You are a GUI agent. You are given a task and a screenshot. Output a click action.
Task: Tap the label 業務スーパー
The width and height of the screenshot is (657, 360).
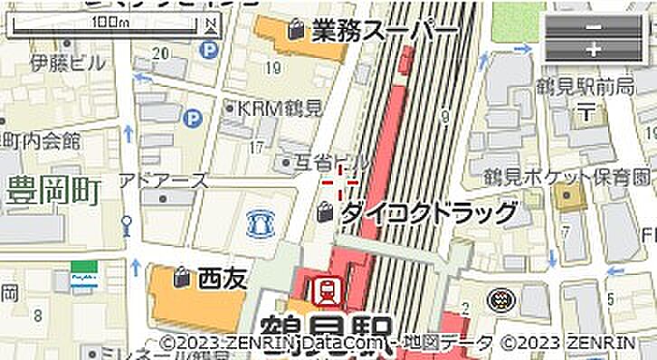pos(384,32)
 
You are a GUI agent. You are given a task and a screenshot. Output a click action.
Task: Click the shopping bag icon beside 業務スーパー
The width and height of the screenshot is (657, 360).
pos(295,31)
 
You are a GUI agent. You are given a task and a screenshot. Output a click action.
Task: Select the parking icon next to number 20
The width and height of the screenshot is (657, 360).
pos(210,51)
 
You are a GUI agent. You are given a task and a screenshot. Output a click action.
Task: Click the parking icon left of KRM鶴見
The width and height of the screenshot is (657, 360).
pos(191,118)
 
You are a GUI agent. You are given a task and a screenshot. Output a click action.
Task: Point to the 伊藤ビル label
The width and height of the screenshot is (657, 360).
pos(67,63)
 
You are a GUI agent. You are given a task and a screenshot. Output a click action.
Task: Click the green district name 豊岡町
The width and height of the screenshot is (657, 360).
pos(53,191)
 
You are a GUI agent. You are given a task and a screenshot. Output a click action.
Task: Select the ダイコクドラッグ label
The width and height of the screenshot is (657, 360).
pos(429,213)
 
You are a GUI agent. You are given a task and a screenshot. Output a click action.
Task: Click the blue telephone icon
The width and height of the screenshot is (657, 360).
pos(260,222)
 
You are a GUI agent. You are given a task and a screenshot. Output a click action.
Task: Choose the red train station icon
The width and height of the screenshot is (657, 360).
pos(326,290)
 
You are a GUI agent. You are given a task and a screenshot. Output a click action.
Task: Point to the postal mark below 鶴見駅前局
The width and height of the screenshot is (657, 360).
pos(586,113)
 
